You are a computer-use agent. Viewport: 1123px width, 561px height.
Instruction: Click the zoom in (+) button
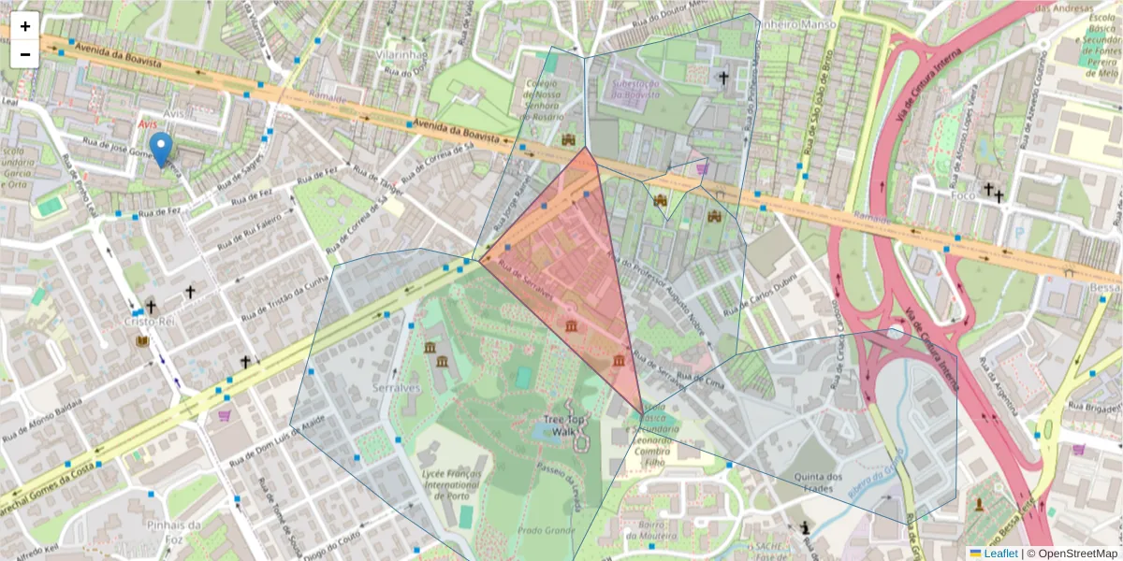coord(25,27)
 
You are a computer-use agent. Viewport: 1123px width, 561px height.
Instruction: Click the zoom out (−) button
coord(25,53)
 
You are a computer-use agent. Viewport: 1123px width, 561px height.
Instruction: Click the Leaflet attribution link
coord(1000,554)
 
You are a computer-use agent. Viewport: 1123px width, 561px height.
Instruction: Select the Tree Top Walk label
coord(567,424)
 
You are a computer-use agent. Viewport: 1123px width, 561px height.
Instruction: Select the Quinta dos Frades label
coord(813,482)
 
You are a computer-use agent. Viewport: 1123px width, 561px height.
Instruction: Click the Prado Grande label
coord(546,530)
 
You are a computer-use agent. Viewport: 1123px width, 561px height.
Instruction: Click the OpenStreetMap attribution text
coord(1077,554)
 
